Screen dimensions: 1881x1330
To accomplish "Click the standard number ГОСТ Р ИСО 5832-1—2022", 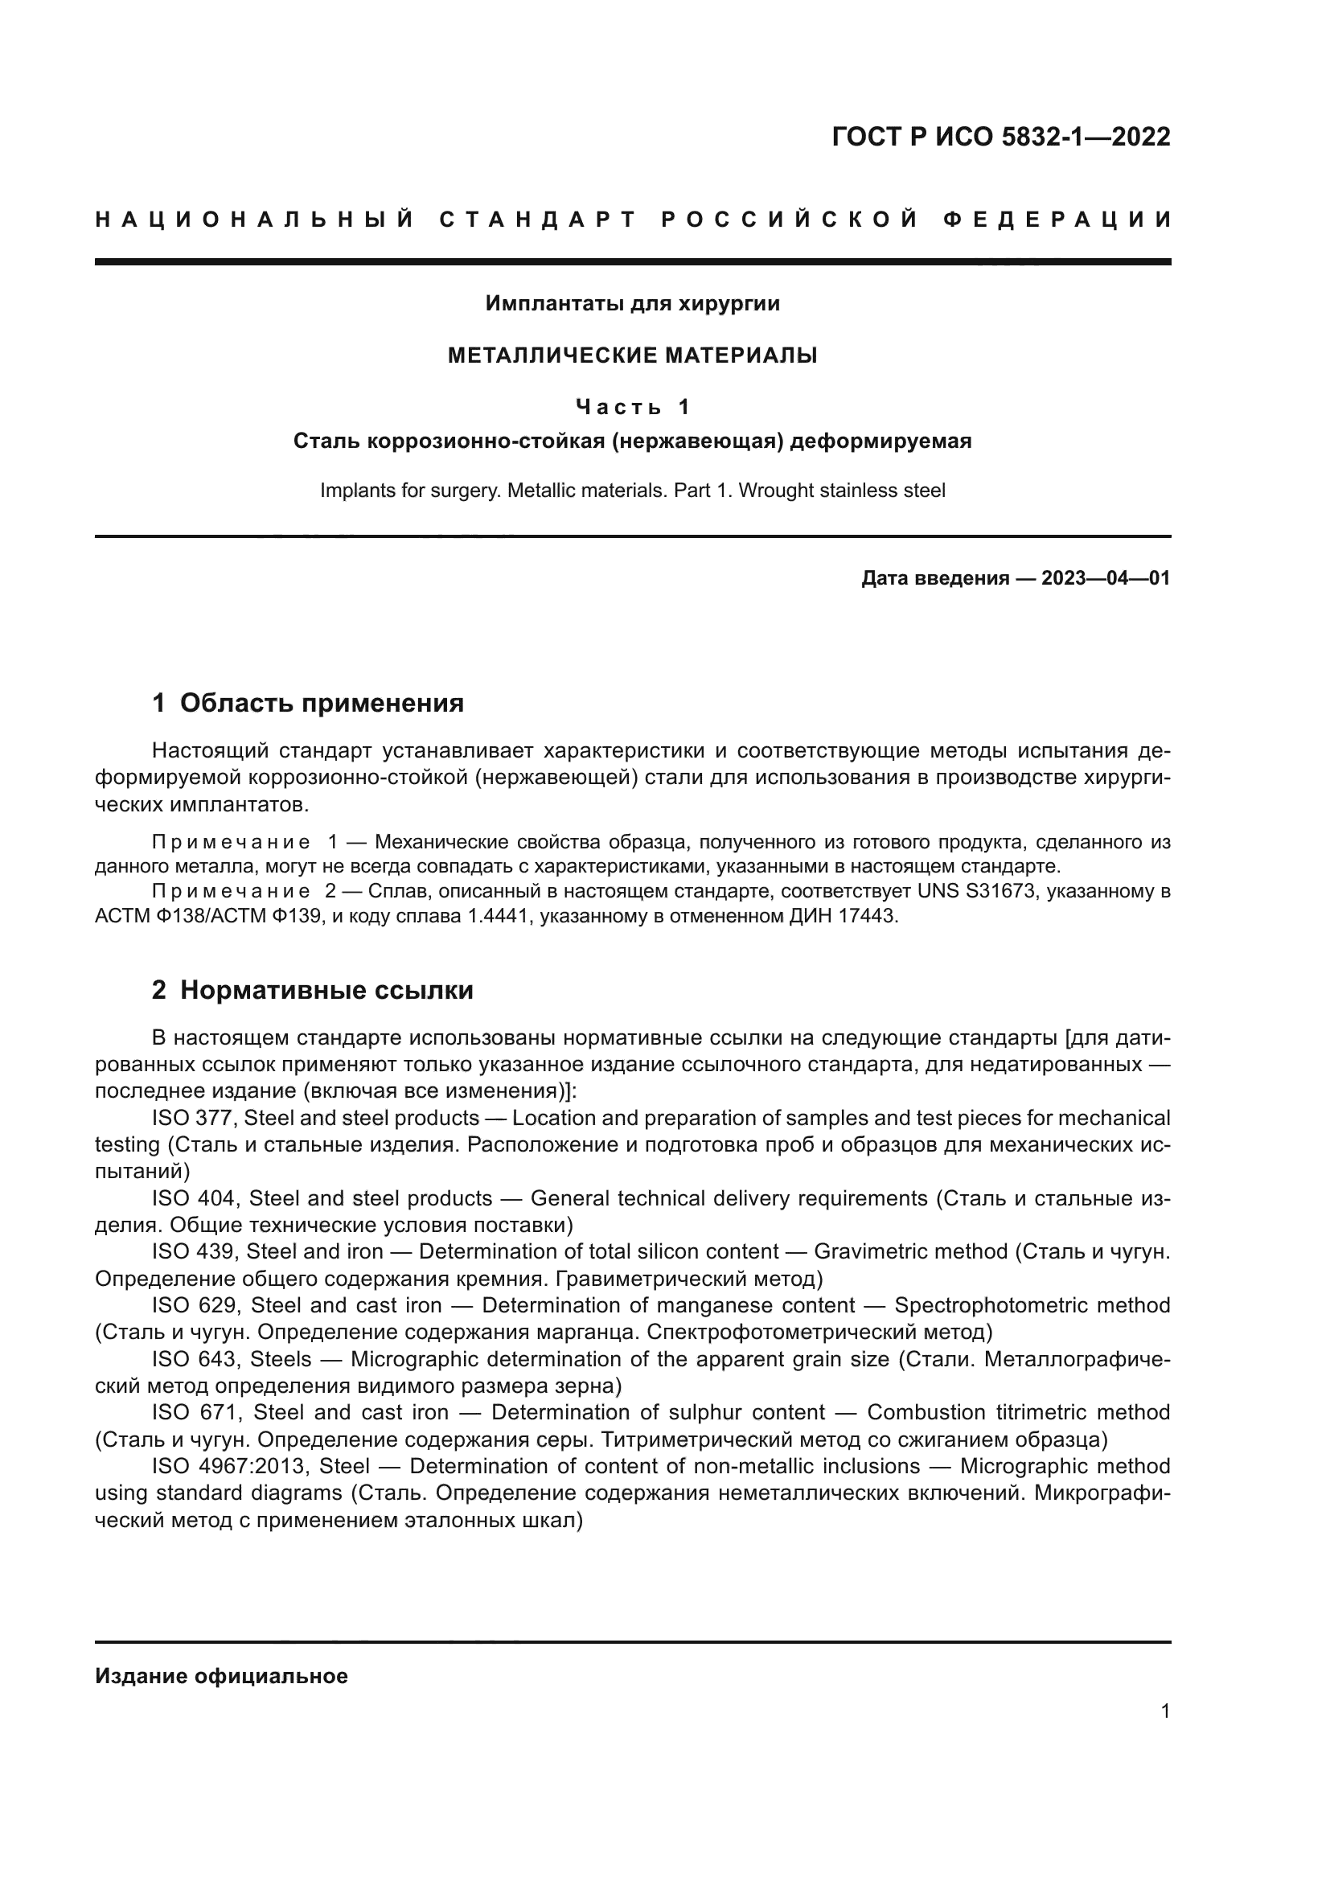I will pos(1001,137).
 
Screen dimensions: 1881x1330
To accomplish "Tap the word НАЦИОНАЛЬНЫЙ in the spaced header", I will pos(255,220).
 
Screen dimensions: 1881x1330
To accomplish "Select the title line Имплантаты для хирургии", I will pos(632,304).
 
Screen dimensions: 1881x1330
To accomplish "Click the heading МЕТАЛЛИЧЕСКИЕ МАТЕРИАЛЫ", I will pos(632,355).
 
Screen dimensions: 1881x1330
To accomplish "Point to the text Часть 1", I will pos(632,406).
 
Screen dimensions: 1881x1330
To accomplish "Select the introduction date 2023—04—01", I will pos(1105,578).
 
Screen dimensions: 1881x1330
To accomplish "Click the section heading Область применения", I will pos(321,703).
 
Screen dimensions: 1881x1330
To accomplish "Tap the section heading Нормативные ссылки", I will pos(326,991).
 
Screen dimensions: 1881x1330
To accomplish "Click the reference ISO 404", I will pos(195,1199).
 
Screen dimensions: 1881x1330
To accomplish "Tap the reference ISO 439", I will pos(194,1252).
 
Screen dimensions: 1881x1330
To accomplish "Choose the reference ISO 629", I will pos(195,1305).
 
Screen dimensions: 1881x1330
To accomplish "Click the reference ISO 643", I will pos(195,1359).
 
